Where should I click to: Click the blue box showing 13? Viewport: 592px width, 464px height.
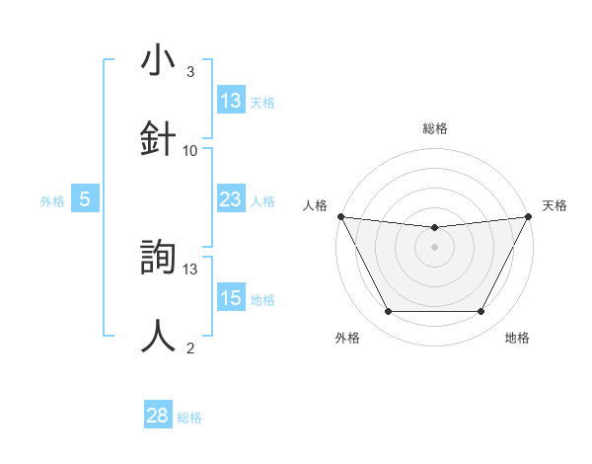[231, 101]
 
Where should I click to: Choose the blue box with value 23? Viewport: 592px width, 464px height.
[231, 200]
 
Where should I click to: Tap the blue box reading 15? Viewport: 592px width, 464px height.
[231, 298]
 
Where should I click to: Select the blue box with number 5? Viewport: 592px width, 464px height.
[85, 200]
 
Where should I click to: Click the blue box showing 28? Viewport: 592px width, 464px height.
[158, 417]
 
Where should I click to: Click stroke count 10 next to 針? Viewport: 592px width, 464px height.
[190, 151]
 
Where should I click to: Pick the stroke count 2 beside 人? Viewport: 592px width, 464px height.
[190, 348]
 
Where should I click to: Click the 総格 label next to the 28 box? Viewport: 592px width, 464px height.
[189, 418]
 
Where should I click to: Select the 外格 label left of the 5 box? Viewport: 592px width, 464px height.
[52, 201]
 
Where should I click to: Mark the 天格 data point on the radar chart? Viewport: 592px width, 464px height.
[530, 216]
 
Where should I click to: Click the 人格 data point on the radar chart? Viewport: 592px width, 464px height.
[340, 216]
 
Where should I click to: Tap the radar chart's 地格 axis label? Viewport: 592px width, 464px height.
[517, 338]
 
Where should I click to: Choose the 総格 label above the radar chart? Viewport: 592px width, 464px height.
[435, 128]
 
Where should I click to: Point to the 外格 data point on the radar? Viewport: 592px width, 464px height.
[388, 312]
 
